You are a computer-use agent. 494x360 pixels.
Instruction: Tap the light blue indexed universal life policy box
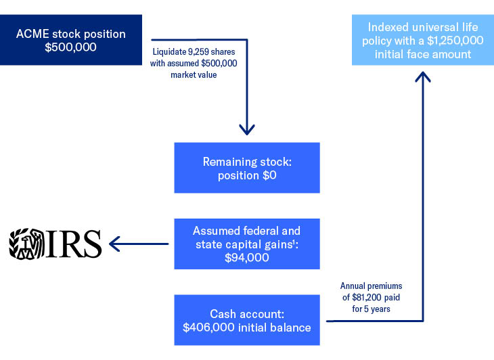[x=423, y=41]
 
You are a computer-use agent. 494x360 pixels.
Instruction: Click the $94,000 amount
[x=247, y=257]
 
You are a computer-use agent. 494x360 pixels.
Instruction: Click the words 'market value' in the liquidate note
[x=194, y=74]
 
